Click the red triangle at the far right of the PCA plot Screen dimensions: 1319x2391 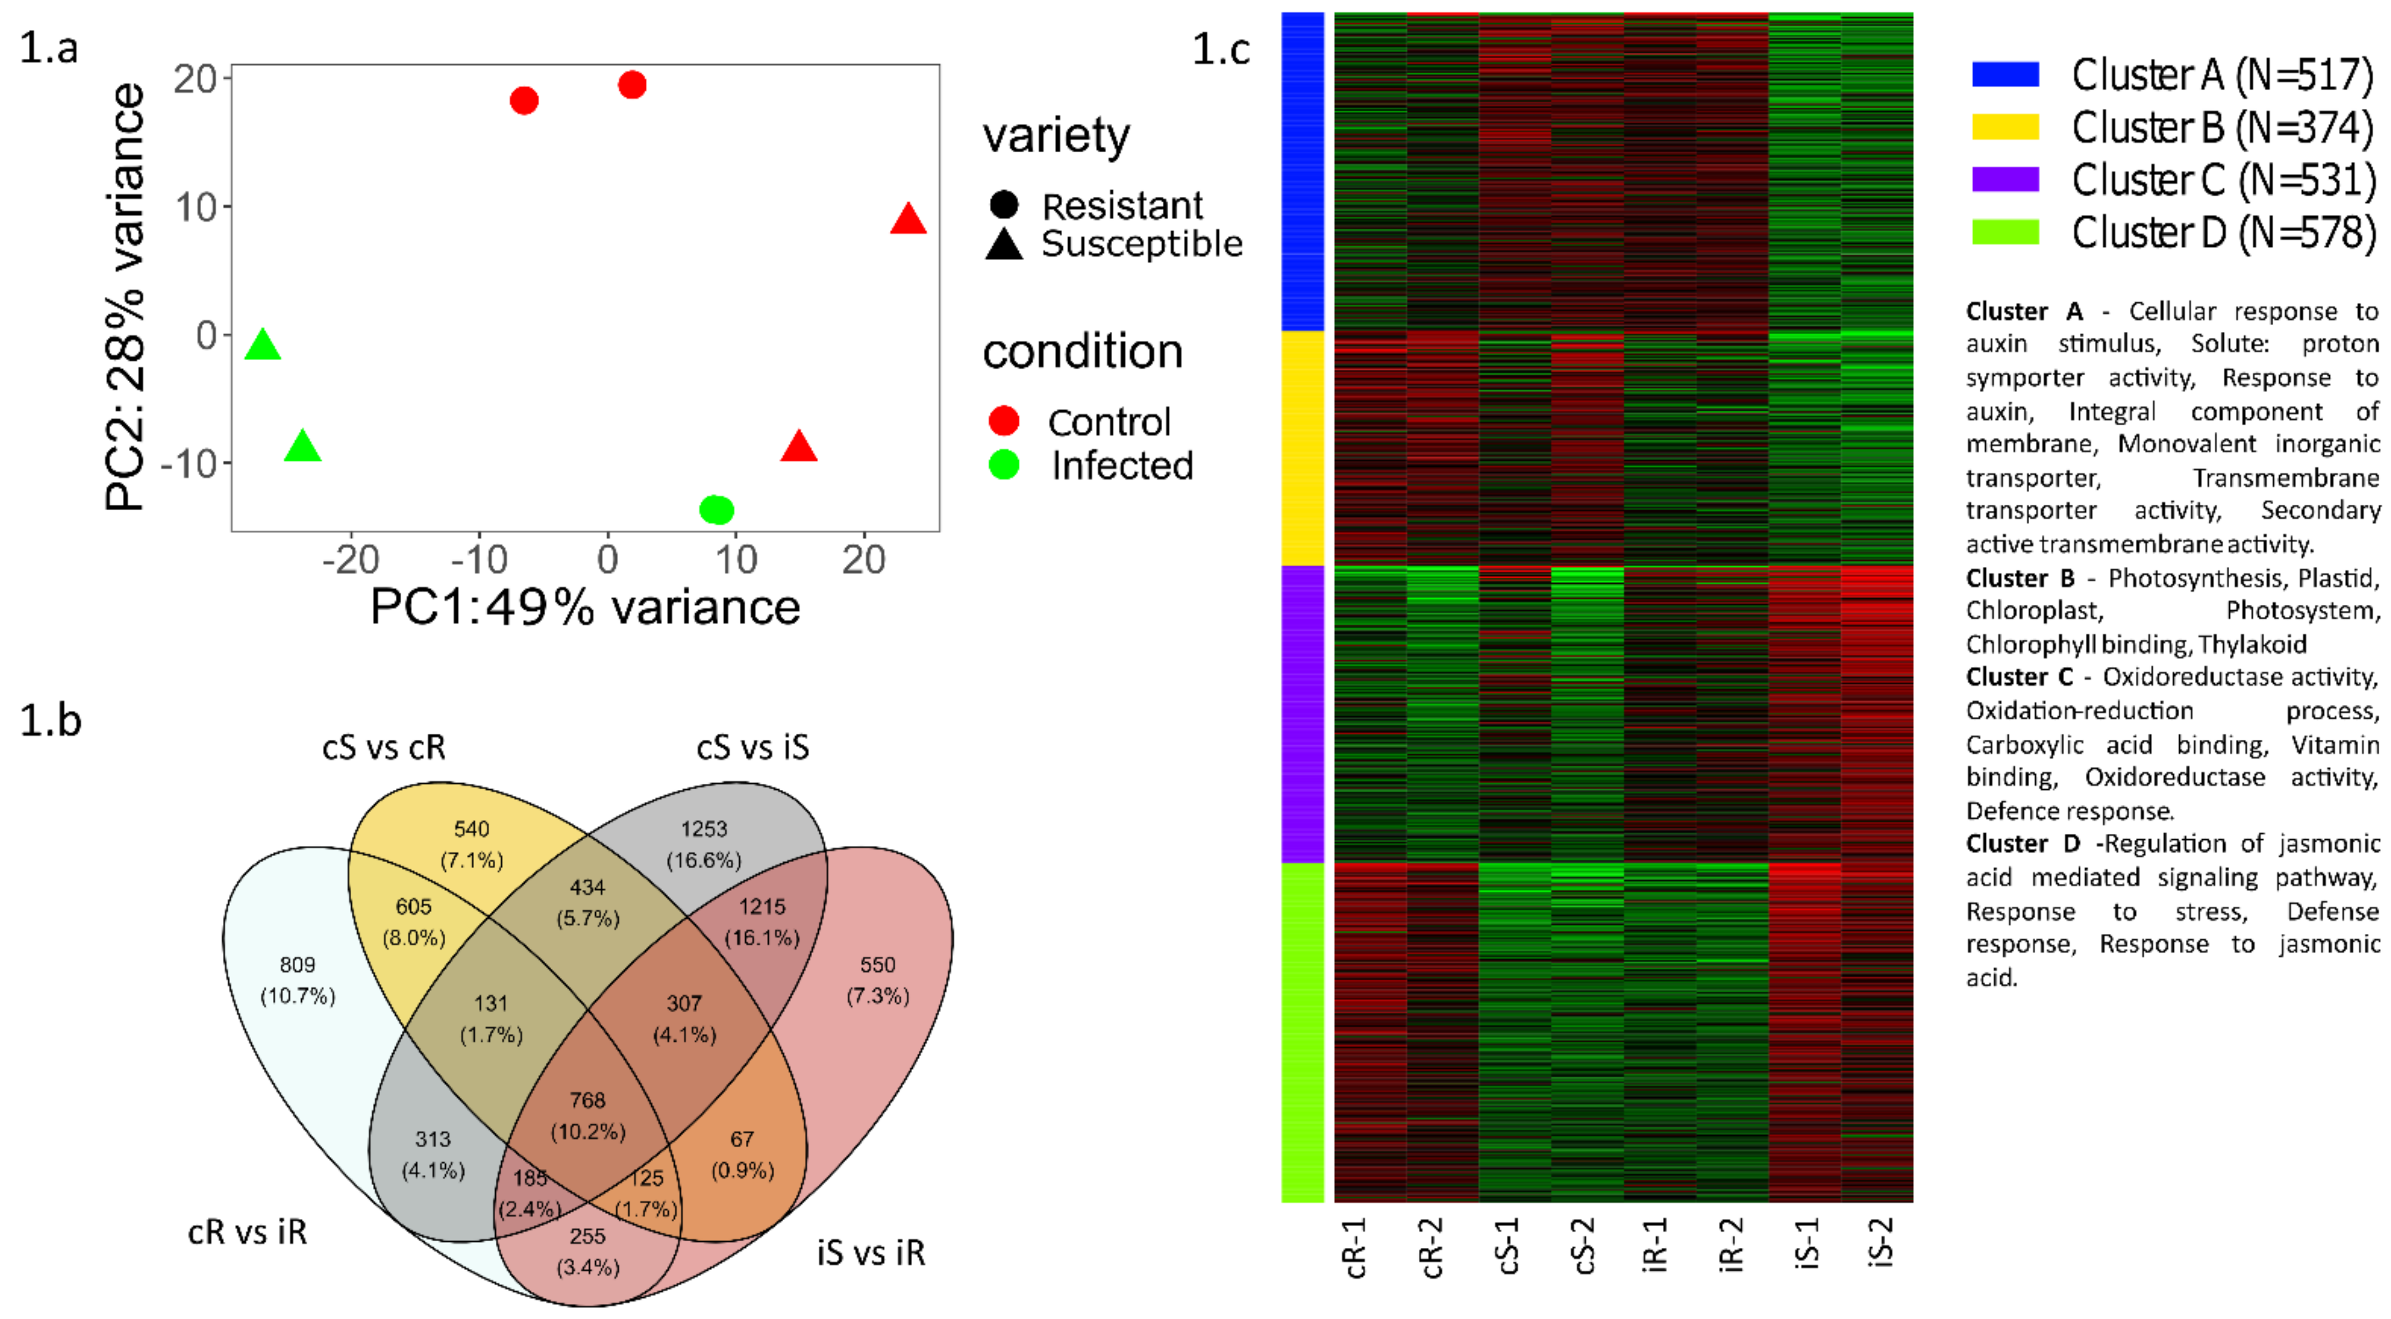908,220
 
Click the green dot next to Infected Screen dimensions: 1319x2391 1003,464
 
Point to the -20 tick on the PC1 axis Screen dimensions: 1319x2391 351,560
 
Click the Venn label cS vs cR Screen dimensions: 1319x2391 383,747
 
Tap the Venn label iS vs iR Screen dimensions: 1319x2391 870,1253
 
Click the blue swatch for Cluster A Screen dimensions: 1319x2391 2005,74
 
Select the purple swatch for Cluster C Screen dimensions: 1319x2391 2005,179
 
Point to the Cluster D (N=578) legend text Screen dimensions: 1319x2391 2223,232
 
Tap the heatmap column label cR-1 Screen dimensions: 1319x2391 1355,1248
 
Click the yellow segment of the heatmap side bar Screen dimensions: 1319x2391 1302,449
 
